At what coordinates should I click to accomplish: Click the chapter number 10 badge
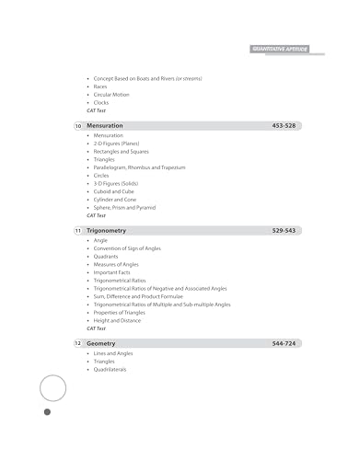coord(78,124)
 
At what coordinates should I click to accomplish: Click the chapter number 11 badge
coord(78,229)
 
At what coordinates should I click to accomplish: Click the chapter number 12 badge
coord(78,343)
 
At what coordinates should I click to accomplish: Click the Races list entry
coord(100,86)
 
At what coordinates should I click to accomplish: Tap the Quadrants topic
coord(107,256)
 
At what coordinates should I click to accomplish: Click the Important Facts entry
coord(111,272)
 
